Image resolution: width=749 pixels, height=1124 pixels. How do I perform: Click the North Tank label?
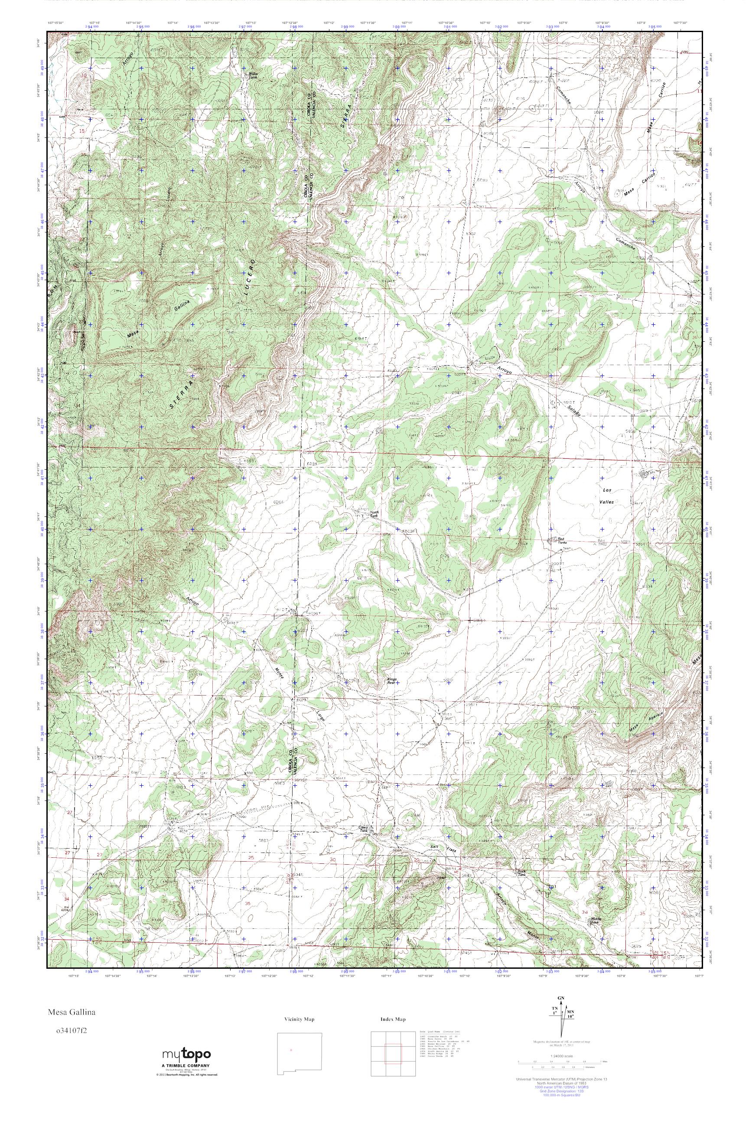375,515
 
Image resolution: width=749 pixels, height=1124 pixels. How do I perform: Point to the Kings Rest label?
392,680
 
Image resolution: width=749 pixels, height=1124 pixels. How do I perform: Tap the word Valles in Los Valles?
607,502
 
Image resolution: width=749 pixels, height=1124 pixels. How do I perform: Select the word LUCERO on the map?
249,282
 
